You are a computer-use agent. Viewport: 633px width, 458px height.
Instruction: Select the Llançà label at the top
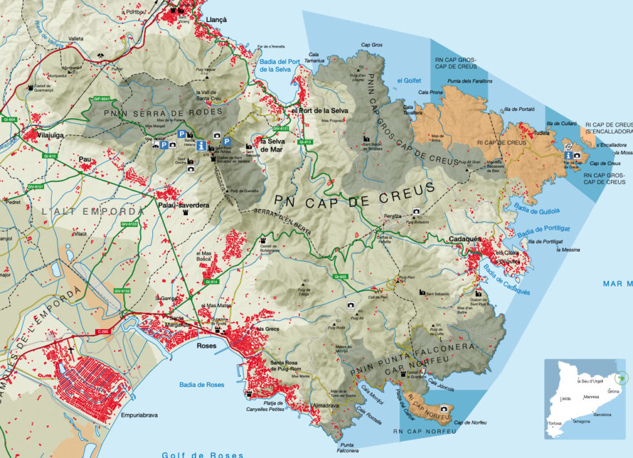click(x=216, y=20)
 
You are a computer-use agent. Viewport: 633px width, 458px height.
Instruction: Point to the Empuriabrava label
click(x=139, y=415)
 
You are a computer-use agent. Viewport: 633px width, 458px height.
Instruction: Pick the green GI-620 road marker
click(x=340, y=277)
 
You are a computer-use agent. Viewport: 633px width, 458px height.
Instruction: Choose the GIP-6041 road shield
click(x=102, y=99)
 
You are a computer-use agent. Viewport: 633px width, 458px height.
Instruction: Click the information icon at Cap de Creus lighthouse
click(x=567, y=155)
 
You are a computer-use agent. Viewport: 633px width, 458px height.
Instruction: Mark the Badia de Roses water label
click(x=202, y=385)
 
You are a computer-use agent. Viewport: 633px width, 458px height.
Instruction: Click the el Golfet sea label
click(x=408, y=80)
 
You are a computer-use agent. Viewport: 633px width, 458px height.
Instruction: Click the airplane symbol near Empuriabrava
click(x=70, y=349)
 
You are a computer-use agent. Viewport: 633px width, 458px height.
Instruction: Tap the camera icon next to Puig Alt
click(x=350, y=305)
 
